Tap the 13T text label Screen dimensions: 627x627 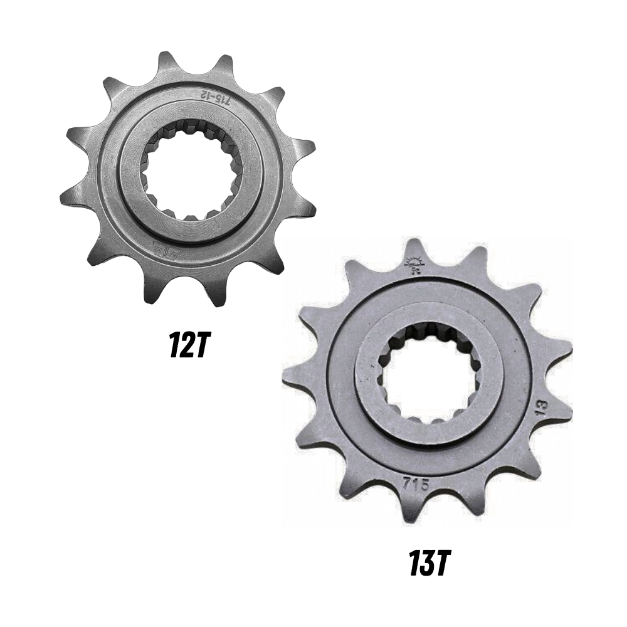430,564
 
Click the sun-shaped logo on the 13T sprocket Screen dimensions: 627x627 414,266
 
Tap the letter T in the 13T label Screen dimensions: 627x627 441,564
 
